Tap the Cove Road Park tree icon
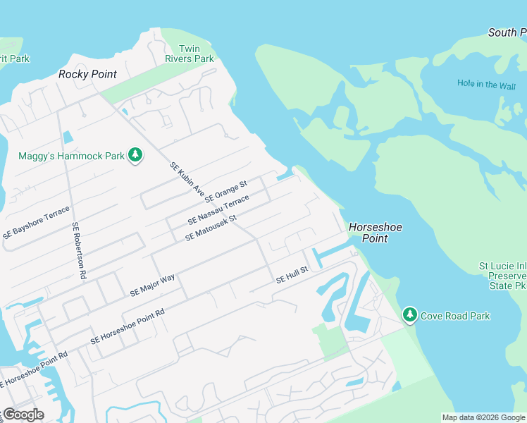(x=409, y=315)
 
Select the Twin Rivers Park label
(x=190, y=54)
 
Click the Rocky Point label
(x=87, y=74)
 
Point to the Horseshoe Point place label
(x=366, y=233)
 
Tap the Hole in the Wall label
(x=486, y=84)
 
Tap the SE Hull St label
(x=292, y=275)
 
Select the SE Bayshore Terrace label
(x=37, y=223)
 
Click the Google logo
(x=23, y=415)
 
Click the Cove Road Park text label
(x=455, y=316)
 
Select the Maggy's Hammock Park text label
(x=70, y=156)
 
